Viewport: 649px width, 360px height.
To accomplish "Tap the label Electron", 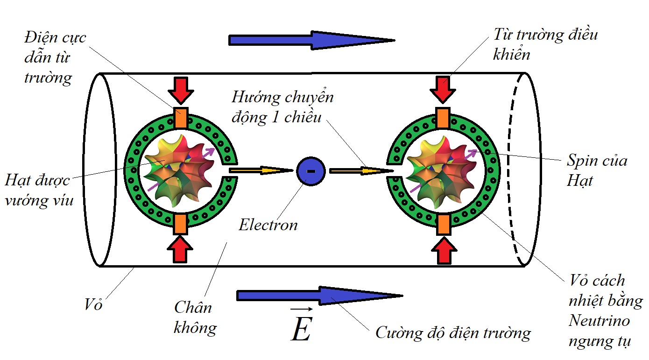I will [268, 225].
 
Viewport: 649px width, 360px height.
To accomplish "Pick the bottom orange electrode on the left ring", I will [181, 224].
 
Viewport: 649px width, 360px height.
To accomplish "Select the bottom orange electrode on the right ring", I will [443, 224].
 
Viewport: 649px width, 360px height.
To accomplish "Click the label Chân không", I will [195, 318].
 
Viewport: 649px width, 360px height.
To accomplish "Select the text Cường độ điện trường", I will [453, 333].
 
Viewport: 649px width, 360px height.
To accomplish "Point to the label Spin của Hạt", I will [596, 170].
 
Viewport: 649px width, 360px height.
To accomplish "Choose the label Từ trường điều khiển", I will [545, 44].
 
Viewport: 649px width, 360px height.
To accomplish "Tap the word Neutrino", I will [599, 321].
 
